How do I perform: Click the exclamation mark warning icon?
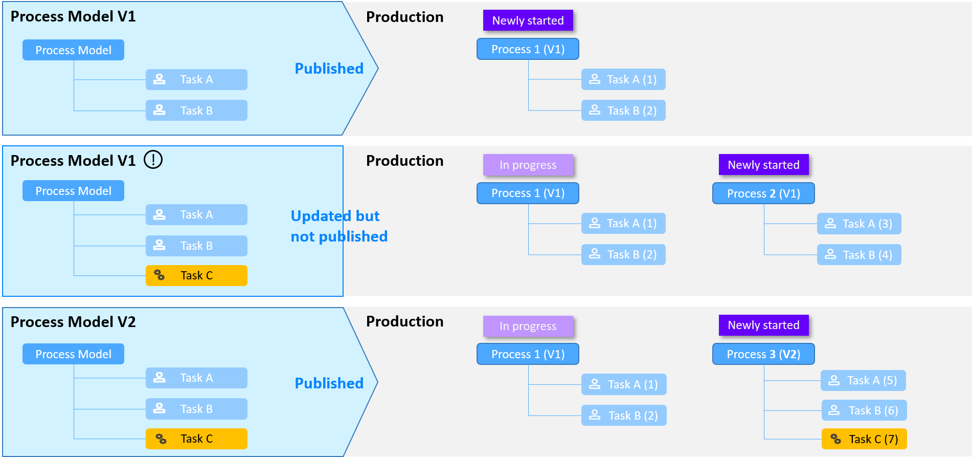coord(153,160)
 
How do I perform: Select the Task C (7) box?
coord(864,439)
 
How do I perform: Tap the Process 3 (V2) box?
coord(763,354)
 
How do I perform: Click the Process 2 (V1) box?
coord(763,193)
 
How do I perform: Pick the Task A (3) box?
coord(859,224)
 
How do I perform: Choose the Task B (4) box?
coord(859,255)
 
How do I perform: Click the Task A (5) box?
coord(864,380)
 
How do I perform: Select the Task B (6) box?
coord(864,410)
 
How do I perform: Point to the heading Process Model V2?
coord(73,322)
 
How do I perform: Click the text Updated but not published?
coord(339,226)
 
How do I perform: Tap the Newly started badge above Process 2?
coord(763,165)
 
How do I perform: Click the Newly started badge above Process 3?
coord(763,325)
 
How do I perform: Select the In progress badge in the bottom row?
coord(528,326)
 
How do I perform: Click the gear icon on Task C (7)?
coord(835,439)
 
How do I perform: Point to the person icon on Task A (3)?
coord(830,224)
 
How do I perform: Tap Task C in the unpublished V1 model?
coord(196,275)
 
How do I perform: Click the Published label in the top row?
coord(329,69)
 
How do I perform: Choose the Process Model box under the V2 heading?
coord(73,354)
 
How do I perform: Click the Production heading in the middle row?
coord(404,161)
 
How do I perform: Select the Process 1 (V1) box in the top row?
coord(528,49)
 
